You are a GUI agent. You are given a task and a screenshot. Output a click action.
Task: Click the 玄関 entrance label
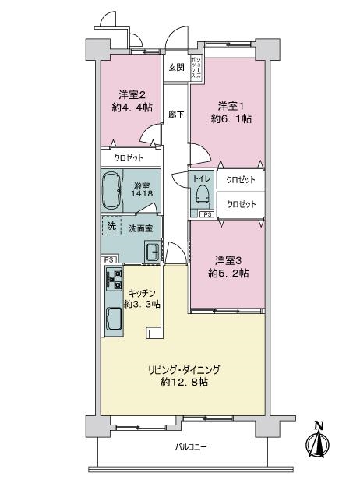point(177,67)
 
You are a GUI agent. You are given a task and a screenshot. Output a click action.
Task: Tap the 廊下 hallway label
point(177,115)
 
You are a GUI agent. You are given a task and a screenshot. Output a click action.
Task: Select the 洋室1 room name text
point(231,106)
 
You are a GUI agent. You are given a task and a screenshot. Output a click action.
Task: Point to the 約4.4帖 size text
point(132,108)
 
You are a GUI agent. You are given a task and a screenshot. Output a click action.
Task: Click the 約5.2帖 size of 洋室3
point(228,273)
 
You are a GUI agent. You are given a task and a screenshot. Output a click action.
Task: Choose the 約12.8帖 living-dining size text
point(185,382)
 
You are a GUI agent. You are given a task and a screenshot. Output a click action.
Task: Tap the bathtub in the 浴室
point(111,190)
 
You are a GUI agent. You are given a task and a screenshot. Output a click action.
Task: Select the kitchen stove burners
point(115,279)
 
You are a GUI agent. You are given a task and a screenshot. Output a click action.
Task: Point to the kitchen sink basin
point(115,319)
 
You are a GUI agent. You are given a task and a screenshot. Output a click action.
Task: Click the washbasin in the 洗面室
point(152,252)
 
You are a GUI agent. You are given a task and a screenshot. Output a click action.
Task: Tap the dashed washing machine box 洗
point(111,226)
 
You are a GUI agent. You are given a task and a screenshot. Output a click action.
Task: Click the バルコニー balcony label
point(191,447)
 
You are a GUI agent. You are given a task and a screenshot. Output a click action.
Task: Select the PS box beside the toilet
point(207,214)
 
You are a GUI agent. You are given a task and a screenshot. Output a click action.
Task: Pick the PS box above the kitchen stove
point(108,260)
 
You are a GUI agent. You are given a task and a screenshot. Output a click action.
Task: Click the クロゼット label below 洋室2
point(129,158)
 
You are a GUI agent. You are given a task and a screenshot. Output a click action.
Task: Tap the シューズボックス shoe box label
point(196,69)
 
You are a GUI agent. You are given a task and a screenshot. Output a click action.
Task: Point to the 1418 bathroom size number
point(142,193)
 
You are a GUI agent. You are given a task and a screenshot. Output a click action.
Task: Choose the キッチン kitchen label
point(143,293)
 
